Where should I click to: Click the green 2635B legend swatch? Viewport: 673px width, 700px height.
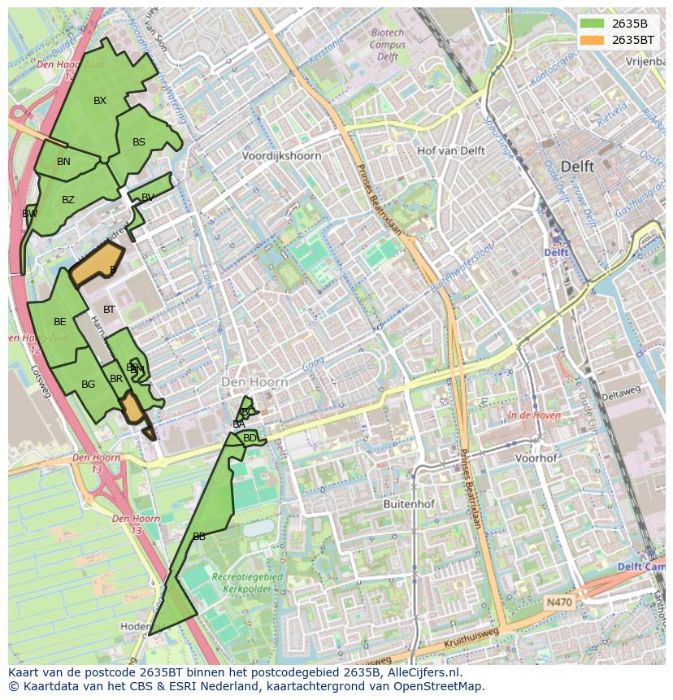(x=591, y=23)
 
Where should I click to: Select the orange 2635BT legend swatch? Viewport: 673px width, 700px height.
(x=591, y=39)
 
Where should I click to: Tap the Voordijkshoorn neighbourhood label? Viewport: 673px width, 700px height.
(x=281, y=155)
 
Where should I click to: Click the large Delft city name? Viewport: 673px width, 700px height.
(x=577, y=166)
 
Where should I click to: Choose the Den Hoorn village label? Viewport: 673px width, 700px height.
(x=255, y=381)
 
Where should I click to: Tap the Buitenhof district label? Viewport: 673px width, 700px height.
(x=409, y=504)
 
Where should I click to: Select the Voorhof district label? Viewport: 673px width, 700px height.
(x=536, y=458)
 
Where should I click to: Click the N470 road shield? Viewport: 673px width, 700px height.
(x=558, y=602)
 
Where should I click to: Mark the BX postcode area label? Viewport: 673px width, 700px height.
(x=100, y=101)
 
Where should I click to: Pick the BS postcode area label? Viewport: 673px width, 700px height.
(x=139, y=142)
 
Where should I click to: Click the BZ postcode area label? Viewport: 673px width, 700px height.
(x=68, y=200)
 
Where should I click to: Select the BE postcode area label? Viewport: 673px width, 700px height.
(x=60, y=322)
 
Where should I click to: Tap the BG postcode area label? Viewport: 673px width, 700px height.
(x=89, y=385)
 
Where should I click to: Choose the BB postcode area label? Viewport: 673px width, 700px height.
(x=199, y=537)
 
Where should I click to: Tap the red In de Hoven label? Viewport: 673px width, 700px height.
(x=534, y=415)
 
